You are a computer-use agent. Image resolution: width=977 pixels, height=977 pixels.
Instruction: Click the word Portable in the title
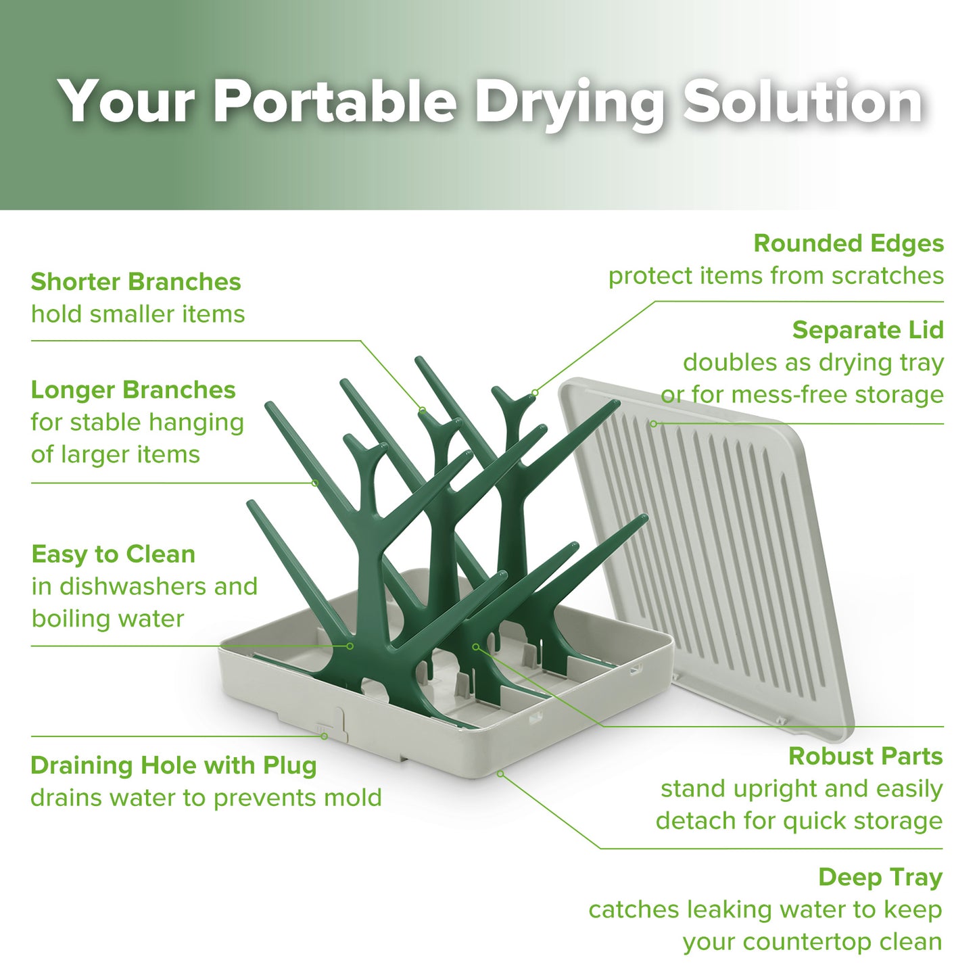pyautogui.click(x=335, y=101)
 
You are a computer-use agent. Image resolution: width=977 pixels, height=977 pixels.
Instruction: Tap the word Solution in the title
pyautogui.click(x=803, y=101)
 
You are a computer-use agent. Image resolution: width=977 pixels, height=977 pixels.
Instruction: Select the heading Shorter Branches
pyautogui.click(x=136, y=282)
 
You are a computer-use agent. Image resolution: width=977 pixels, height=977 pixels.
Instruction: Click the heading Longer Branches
pyautogui.click(x=133, y=390)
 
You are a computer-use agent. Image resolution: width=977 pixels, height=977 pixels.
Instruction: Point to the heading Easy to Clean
pyautogui.click(x=114, y=554)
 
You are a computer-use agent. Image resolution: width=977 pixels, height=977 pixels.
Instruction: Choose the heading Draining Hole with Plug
pyautogui.click(x=174, y=765)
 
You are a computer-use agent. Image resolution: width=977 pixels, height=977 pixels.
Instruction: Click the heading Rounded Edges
pyautogui.click(x=849, y=243)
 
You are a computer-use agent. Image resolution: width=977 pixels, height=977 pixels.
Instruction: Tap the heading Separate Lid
pyautogui.click(x=867, y=330)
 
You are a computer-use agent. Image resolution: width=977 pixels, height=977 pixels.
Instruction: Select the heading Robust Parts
pyautogui.click(x=865, y=756)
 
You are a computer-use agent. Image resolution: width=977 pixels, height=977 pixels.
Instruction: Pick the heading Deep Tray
pyautogui.click(x=880, y=878)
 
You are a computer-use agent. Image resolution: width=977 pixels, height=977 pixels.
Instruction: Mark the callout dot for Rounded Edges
pyautogui.click(x=535, y=392)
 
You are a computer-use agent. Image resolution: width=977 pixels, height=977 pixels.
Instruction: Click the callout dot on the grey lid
pyautogui.click(x=653, y=424)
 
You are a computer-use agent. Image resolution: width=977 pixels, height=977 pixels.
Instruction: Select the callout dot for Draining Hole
pyautogui.click(x=324, y=736)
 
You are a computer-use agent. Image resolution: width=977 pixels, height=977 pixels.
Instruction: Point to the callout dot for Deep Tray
pyautogui.click(x=500, y=773)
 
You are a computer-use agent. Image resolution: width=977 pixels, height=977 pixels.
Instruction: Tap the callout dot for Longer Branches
pyautogui.click(x=315, y=483)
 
